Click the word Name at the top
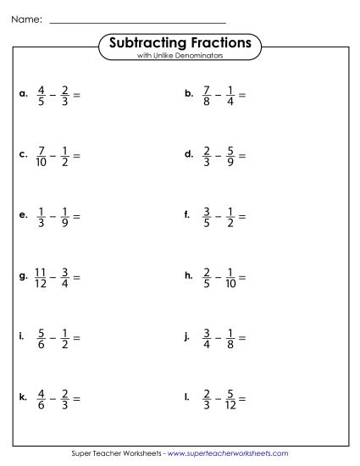[x=26, y=17]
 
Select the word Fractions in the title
[x=219, y=42]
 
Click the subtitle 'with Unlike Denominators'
[x=180, y=56]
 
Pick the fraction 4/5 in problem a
[x=41, y=95]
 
